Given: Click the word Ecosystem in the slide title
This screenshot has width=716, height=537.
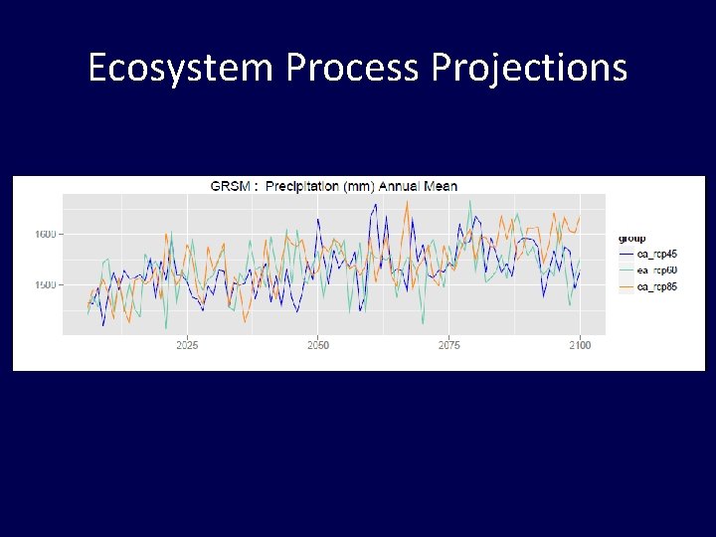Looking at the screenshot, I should (180, 69).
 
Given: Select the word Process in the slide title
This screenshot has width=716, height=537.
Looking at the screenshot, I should (353, 69).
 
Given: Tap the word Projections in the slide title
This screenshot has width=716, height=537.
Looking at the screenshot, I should (529, 69).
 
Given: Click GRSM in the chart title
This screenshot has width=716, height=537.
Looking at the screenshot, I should (226, 186).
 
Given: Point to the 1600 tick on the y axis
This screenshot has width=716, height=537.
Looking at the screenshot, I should (44, 235).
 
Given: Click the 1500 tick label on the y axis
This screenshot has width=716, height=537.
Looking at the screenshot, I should (44, 285).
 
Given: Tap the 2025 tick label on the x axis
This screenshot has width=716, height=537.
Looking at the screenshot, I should (187, 346).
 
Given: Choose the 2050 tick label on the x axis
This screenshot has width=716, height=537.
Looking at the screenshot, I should (318, 346).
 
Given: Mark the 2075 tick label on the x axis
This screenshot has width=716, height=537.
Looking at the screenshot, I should (449, 346).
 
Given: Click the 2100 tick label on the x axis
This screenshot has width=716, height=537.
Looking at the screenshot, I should (580, 346).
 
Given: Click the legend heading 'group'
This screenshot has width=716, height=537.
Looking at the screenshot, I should (631, 239).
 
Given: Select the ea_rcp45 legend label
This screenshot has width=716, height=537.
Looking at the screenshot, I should (657, 254).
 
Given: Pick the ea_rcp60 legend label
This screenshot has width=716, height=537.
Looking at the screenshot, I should (657, 270).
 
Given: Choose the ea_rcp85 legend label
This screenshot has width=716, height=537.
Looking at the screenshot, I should (657, 287).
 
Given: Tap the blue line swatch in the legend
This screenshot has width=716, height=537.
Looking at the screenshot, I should (626, 254).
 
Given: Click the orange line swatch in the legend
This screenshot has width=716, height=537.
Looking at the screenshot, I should (626, 287).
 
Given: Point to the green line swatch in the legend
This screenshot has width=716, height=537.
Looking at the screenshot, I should (626, 270).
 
